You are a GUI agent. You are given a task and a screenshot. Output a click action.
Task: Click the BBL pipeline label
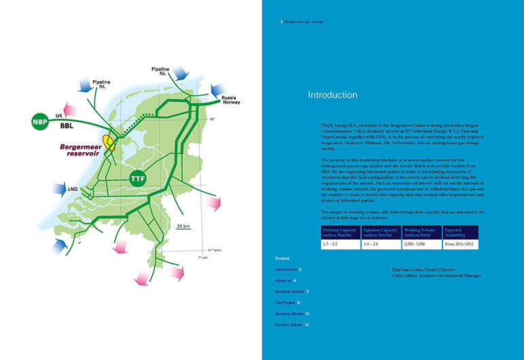(66, 126)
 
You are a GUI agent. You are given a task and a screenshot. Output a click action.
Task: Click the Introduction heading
(332, 94)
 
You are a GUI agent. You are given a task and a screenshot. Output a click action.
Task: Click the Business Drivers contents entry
(291, 291)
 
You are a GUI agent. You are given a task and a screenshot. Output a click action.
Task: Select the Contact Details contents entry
(292, 325)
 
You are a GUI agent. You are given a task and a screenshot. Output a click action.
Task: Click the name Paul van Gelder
(408, 270)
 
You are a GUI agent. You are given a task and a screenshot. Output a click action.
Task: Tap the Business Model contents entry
(291, 314)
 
